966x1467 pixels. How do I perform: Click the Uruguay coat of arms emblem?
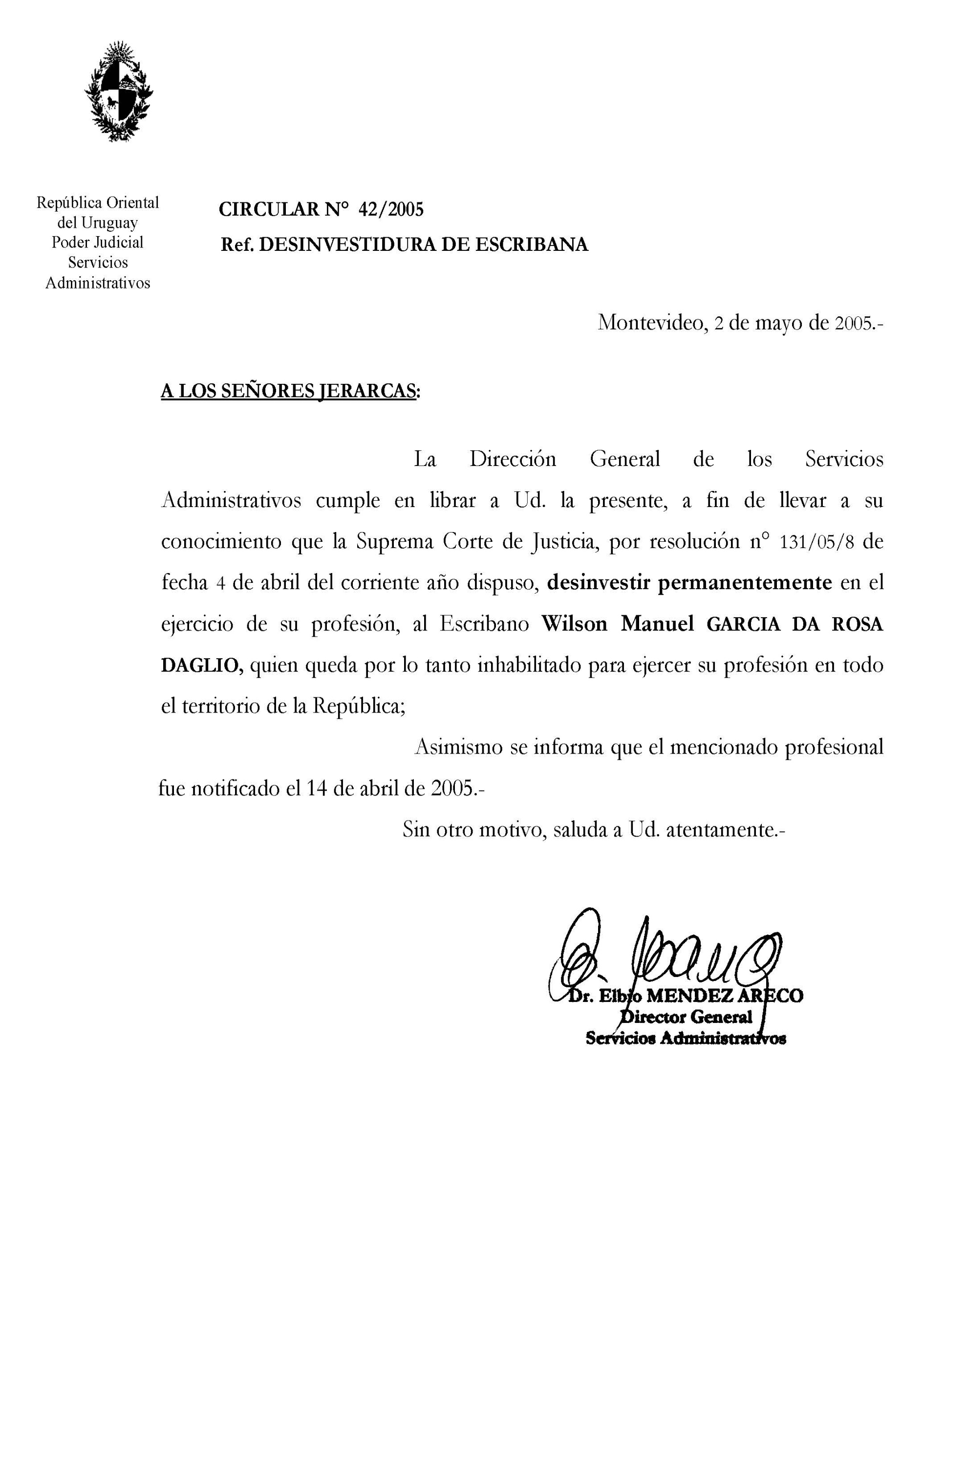pyautogui.click(x=118, y=91)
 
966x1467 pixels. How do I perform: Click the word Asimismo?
pyautogui.click(x=457, y=748)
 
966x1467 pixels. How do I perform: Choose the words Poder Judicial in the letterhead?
pyautogui.click(x=97, y=242)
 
